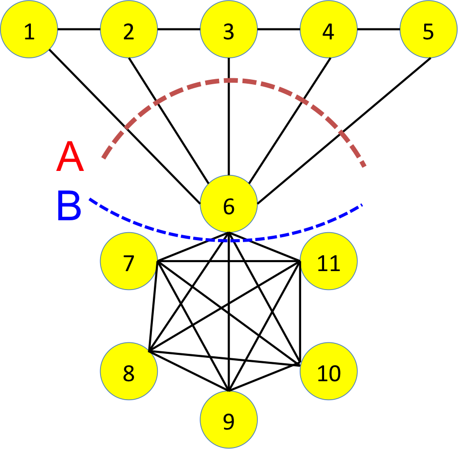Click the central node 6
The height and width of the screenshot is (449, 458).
point(229,205)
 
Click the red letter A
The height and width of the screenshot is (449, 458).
point(70,157)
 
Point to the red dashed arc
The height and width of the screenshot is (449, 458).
point(229,80)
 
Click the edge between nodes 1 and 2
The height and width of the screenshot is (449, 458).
point(79,29)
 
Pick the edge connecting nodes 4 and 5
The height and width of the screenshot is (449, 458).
point(378,29)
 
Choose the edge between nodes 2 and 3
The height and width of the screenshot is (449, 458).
point(179,29)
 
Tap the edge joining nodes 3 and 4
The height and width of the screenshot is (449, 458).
point(278,29)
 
